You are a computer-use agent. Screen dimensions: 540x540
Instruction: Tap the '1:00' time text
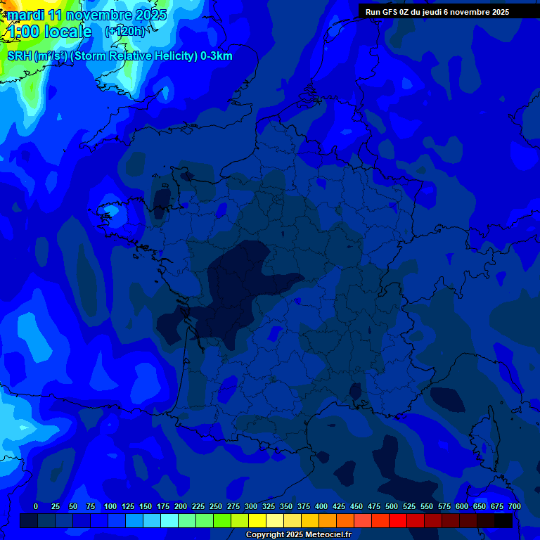click(x=23, y=32)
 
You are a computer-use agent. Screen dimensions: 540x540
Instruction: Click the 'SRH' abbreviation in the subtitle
click(x=20, y=56)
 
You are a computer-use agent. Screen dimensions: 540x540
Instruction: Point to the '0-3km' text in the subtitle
click(x=217, y=56)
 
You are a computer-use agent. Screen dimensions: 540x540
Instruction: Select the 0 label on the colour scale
click(x=36, y=506)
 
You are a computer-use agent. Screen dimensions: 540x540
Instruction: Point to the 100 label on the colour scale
click(x=110, y=506)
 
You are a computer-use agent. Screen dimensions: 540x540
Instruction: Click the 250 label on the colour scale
click(x=216, y=506)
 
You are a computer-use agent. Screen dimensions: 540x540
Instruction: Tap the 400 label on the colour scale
click(x=321, y=506)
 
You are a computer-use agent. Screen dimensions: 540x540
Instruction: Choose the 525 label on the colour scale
click(x=409, y=506)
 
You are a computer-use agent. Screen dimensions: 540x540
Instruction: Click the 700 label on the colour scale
click(x=514, y=506)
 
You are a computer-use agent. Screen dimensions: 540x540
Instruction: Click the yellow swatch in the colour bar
click(x=257, y=520)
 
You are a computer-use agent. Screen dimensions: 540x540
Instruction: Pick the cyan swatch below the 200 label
click(x=169, y=520)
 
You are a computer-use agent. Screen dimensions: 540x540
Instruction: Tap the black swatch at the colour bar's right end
click(x=503, y=520)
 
